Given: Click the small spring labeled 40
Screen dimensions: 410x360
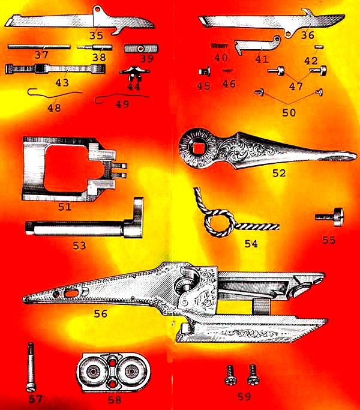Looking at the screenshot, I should click(220, 45).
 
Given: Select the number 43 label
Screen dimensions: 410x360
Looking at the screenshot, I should click(62, 82).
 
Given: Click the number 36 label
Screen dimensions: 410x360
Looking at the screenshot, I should click(308, 35).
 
